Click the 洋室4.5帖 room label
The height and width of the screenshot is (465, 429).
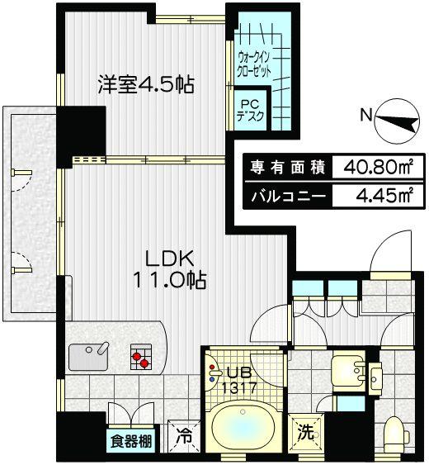[145, 85]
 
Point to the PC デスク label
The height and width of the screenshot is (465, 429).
[250, 111]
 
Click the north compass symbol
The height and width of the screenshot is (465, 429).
[395, 124]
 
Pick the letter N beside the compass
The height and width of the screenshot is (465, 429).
[365, 116]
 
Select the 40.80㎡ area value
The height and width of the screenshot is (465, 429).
[373, 167]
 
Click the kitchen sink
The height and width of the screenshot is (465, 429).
[88, 357]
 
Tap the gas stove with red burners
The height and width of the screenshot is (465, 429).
[140, 358]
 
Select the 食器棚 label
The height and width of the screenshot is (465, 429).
[131, 442]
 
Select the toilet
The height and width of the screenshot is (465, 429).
[395, 430]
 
